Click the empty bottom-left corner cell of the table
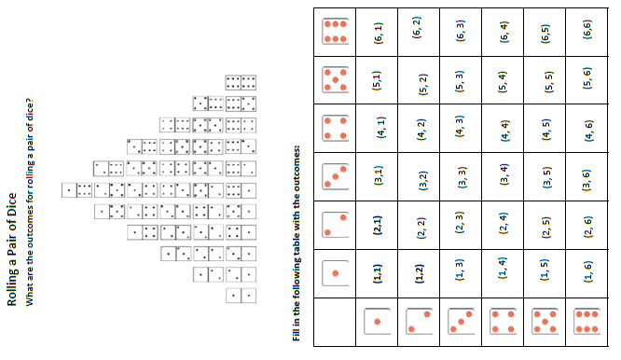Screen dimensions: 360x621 pos(335,321)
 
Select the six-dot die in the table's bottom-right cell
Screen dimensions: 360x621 pos(587,321)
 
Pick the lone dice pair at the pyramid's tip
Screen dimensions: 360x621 pos(77,190)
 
